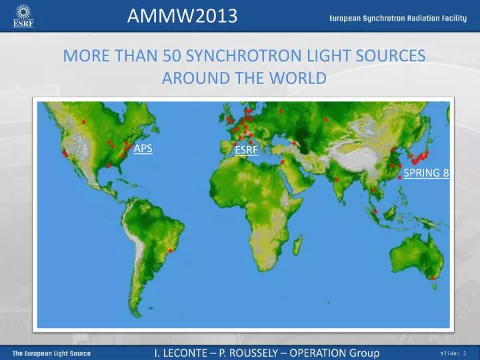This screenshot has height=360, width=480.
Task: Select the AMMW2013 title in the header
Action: pyautogui.click(x=182, y=15)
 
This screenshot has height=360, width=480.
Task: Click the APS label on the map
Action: pyautogui.click(x=143, y=148)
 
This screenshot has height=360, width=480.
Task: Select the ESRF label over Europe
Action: pyautogui.click(x=246, y=150)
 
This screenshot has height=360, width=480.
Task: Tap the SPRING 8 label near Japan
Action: pyautogui.click(x=427, y=173)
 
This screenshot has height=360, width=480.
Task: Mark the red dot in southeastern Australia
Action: pyautogui.click(x=433, y=277)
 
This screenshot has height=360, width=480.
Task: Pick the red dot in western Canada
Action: pyautogui.click(x=84, y=122)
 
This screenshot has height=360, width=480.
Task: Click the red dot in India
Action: pyautogui.click(x=337, y=179)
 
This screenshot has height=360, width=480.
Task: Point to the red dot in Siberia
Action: pyautogui.click(x=325, y=119)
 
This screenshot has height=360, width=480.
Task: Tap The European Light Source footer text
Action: pyautogui.click(x=52, y=353)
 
